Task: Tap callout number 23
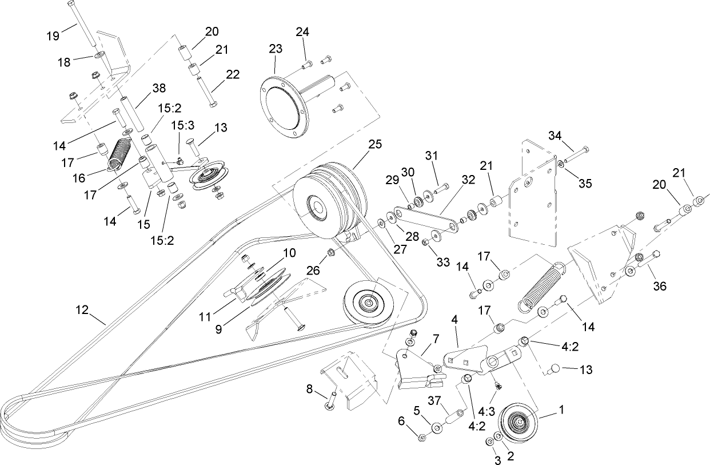click(x=276, y=49)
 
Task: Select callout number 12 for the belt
click(x=82, y=310)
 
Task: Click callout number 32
click(x=468, y=179)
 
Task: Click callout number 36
click(x=660, y=287)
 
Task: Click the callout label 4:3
click(x=486, y=411)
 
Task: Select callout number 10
click(x=289, y=252)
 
